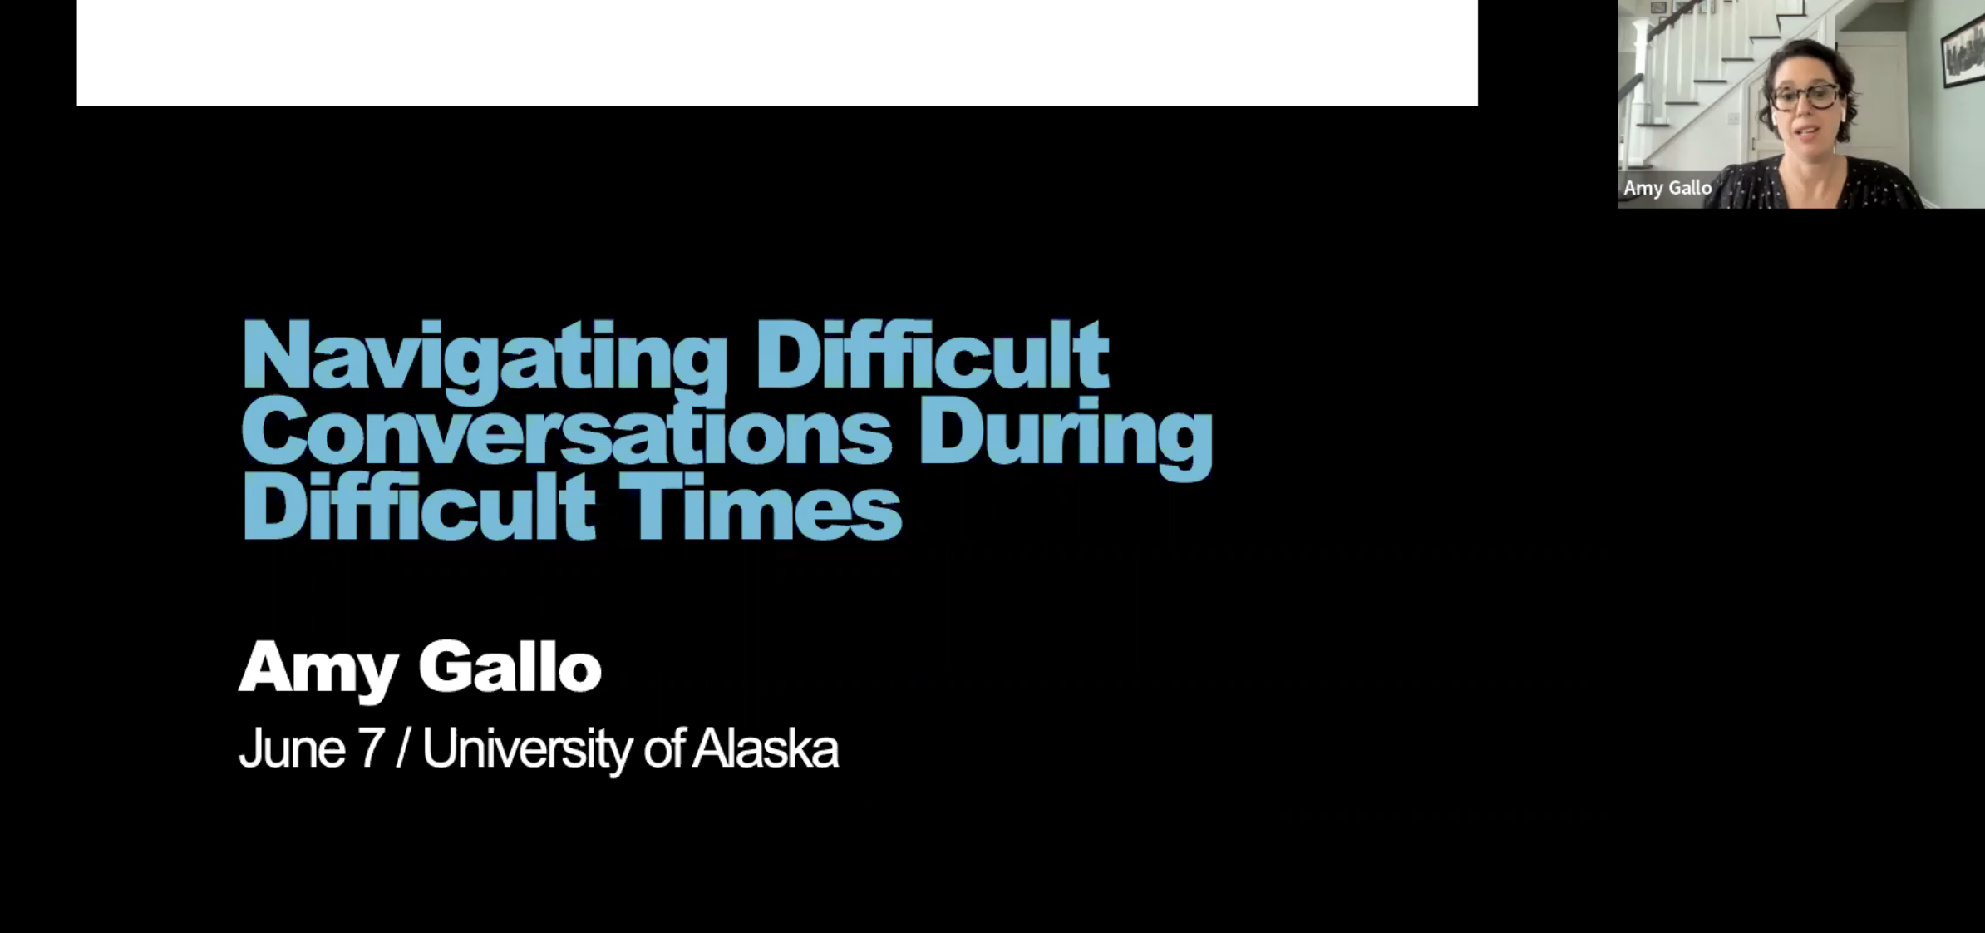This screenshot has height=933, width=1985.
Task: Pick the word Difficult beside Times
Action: (x=418, y=506)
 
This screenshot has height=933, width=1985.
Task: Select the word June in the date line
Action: (x=292, y=748)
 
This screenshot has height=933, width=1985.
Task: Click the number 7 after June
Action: (x=371, y=748)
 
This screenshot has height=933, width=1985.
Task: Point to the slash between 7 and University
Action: (x=403, y=748)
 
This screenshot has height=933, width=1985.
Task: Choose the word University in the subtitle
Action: (x=528, y=750)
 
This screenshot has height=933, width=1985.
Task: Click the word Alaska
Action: (x=766, y=748)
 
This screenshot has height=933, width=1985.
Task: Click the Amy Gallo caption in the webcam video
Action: (x=1667, y=188)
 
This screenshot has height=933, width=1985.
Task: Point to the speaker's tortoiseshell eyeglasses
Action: (x=1809, y=97)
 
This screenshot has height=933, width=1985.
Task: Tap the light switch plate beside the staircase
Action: (x=1733, y=119)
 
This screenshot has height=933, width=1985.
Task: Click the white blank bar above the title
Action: (x=777, y=52)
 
